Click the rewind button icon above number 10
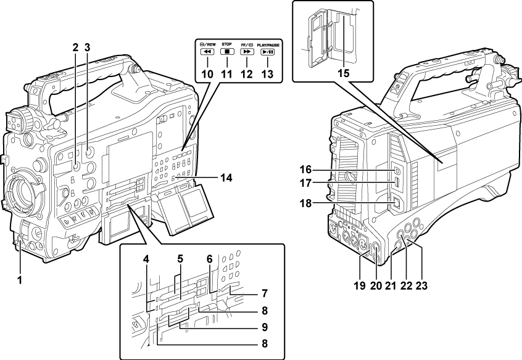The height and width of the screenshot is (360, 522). [x=207, y=52]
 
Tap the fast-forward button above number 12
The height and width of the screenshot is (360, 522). [x=247, y=52]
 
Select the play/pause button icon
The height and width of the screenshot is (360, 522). [x=268, y=52]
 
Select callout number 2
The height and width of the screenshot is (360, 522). [x=75, y=47]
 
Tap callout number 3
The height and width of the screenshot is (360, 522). [x=88, y=47]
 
